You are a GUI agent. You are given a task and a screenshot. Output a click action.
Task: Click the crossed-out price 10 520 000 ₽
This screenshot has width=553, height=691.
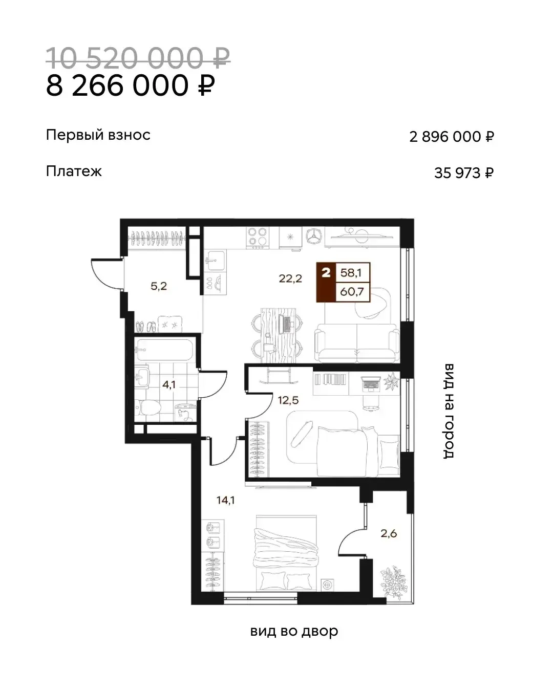click(x=138, y=58)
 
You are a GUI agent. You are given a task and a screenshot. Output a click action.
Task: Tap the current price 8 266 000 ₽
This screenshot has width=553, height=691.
click(x=131, y=85)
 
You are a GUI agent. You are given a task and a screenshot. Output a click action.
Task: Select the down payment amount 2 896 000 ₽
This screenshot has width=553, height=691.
click(x=452, y=137)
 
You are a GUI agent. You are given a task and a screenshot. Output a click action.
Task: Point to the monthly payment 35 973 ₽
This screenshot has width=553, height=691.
click(x=464, y=173)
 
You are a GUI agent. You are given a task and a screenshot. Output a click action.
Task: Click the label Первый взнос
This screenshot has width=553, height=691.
click(x=98, y=135)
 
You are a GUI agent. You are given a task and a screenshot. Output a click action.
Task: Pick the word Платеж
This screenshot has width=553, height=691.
click(x=74, y=171)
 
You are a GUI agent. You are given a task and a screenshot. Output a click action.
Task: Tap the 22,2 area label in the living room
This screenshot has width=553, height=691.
click(x=290, y=279)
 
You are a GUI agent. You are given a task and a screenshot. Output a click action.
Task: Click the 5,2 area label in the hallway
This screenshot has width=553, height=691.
click(x=159, y=286)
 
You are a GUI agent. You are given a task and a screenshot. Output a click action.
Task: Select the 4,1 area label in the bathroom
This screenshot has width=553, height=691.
click(x=168, y=384)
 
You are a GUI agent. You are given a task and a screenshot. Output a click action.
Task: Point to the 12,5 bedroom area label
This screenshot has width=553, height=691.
click(x=288, y=400)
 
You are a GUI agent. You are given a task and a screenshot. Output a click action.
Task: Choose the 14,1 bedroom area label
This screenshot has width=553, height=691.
click(x=226, y=500)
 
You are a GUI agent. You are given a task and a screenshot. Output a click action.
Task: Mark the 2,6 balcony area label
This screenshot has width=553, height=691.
click(x=389, y=533)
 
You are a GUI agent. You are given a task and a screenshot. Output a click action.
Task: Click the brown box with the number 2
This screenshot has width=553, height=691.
click(x=326, y=282)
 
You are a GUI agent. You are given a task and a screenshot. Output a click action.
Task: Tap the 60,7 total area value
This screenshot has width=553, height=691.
click(x=352, y=292)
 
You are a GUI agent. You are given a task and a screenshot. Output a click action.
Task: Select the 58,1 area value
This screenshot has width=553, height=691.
click(x=351, y=273)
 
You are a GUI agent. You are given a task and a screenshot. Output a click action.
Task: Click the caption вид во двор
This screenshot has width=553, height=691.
click(x=294, y=631)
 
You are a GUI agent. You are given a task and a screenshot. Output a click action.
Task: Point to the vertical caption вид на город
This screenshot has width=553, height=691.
click(x=449, y=411)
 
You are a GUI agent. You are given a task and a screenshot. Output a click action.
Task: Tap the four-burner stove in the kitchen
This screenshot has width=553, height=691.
click(x=258, y=238)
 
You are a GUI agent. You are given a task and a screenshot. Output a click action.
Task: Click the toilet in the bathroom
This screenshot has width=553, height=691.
click(x=147, y=407)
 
